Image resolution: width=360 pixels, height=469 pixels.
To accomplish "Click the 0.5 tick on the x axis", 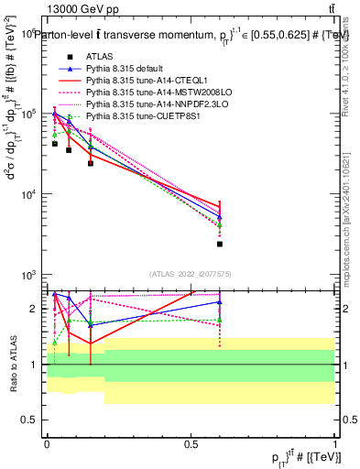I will click(x=191, y=444).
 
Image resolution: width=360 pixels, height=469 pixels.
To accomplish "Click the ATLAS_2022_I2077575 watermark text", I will click(x=190, y=273).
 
